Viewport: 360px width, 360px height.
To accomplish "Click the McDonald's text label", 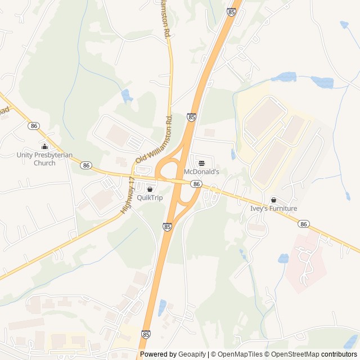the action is pyautogui.click(x=201, y=171).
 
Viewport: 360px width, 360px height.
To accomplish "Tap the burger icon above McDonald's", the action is pyautogui.click(x=201, y=163).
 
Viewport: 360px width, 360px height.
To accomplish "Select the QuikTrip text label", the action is pyautogui.click(x=149, y=197).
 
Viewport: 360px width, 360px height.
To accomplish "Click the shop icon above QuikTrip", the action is pyautogui.click(x=149, y=190).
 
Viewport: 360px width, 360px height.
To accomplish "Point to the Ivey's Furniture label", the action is pyautogui.click(x=273, y=208).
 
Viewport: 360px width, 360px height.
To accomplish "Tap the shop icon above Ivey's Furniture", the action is pyautogui.click(x=273, y=200).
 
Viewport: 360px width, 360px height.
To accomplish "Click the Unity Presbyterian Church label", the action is pyautogui.click(x=44, y=159).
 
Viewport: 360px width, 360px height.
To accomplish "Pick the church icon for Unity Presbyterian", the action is pyautogui.click(x=44, y=147).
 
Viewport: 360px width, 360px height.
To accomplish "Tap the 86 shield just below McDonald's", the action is pyautogui.click(x=196, y=184).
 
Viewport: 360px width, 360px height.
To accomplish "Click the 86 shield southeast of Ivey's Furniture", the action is pyautogui.click(x=304, y=224).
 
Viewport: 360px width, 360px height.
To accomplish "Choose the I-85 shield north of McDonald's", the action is pyautogui.click(x=192, y=117).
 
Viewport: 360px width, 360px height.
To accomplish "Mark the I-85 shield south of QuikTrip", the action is pyautogui.click(x=168, y=226).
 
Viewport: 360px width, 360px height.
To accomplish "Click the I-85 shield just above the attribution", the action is pyautogui.click(x=146, y=334).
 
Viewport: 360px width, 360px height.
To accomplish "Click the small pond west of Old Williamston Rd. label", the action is pyautogui.click(x=127, y=96).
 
